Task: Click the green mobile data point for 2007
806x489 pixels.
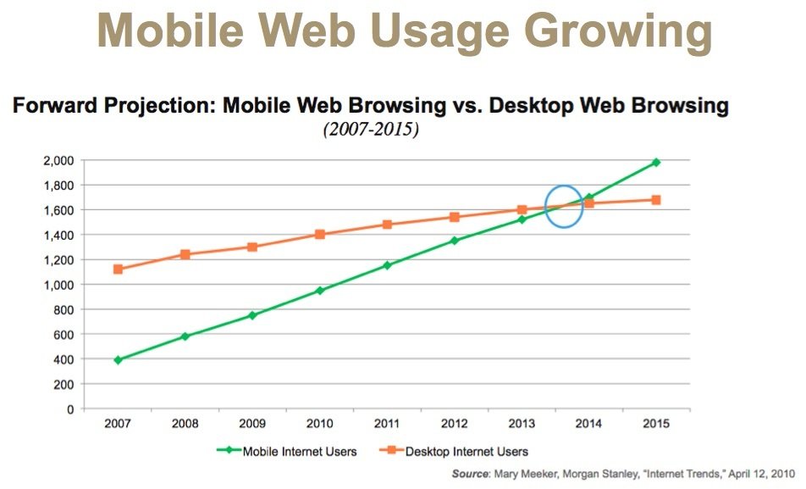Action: [118, 360]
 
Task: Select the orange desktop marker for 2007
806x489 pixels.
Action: [118, 270]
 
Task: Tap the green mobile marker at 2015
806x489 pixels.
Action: [656, 162]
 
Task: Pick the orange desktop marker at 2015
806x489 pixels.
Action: [656, 200]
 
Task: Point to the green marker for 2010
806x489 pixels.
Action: [320, 291]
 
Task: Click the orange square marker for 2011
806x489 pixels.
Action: [387, 225]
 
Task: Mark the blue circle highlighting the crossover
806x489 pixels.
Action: [564, 207]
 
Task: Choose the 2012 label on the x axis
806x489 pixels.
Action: [455, 423]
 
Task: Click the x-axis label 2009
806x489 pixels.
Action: [252, 423]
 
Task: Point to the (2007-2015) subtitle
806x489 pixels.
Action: [369, 131]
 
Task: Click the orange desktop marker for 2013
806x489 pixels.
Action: [522, 210]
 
